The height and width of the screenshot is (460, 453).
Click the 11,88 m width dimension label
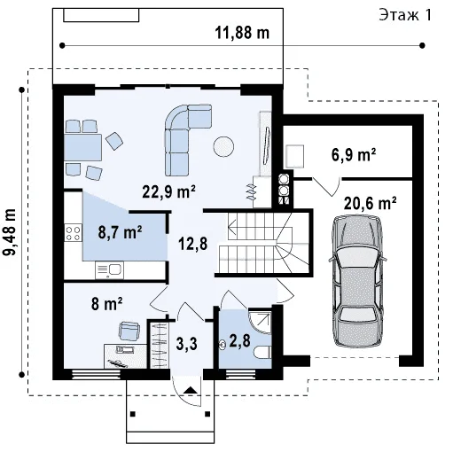tap(242, 33)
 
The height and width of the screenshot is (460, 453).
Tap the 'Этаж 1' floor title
tap(405, 15)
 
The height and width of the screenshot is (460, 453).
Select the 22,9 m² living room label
tap(168, 192)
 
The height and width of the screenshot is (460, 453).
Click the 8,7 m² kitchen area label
tap(120, 232)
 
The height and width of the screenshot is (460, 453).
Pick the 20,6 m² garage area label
tap(370, 203)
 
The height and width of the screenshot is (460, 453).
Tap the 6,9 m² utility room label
tap(354, 155)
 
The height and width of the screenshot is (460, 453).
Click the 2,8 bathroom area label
tap(239, 340)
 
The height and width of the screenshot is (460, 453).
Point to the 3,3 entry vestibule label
tap(186, 344)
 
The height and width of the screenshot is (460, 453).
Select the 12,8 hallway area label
tap(193, 244)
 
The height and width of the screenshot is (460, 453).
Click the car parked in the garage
tap(358, 281)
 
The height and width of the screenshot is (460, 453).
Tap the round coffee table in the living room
tap(223, 146)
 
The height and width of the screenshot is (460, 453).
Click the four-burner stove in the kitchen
tap(74, 233)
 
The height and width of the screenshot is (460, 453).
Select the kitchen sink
tap(109, 270)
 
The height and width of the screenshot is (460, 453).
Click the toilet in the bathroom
tap(262, 352)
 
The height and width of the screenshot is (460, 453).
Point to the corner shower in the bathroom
tap(261, 322)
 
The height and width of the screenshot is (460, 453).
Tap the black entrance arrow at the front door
tap(191, 390)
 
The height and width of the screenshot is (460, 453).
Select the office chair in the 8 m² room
tap(129, 331)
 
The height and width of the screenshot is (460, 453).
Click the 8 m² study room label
tap(106, 304)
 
